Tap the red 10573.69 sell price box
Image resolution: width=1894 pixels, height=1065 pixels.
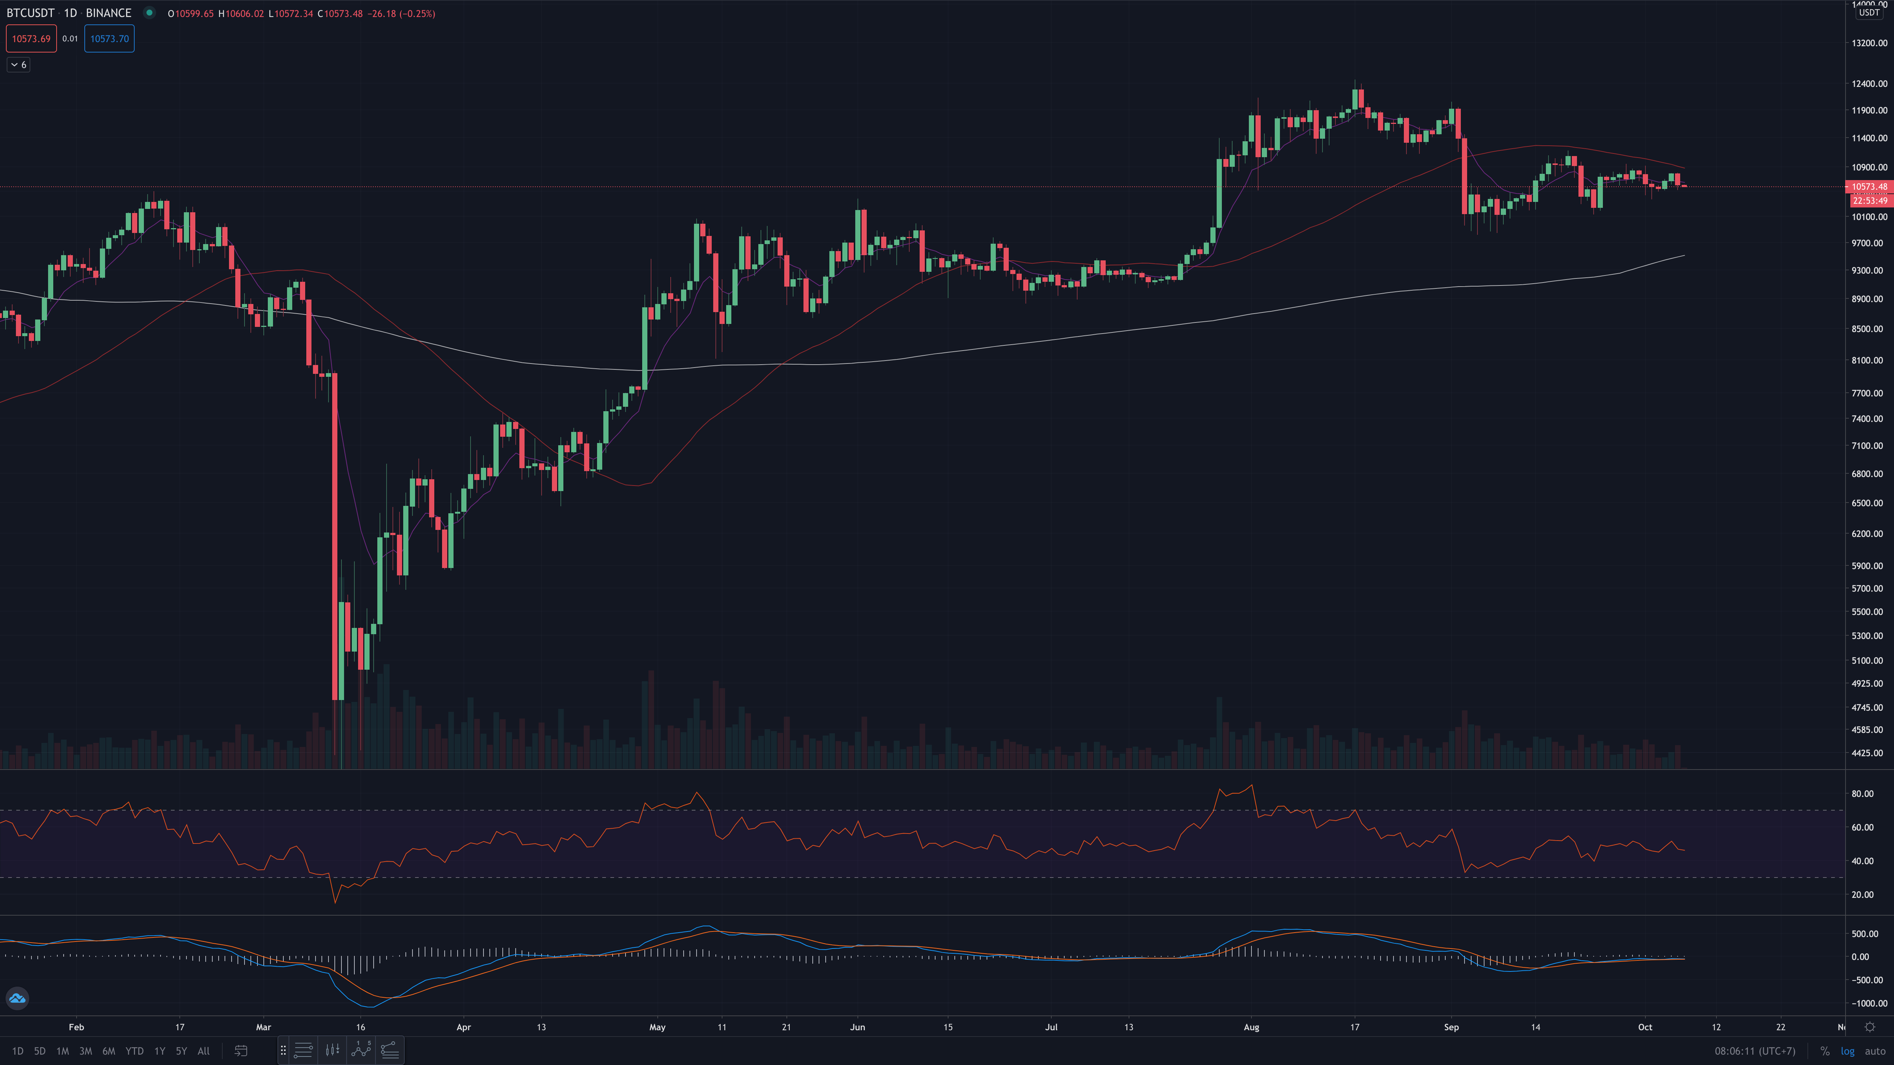coord(31,39)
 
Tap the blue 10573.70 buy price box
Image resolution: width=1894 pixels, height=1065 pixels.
coord(109,39)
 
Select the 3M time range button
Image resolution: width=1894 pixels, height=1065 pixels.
coord(85,1051)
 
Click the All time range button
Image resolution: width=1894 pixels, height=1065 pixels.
coord(204,1051)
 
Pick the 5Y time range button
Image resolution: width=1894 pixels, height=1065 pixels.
coord(181,1051)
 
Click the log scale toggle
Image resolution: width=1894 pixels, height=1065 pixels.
coord(1847,1051)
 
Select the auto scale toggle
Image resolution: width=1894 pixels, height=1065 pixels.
coord(1875,1051)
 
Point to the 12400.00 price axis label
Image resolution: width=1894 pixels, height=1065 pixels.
coord(1869,84)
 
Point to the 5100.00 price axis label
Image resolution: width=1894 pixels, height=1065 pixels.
coord(1869,660)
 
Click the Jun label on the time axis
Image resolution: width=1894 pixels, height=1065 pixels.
coord(857,1027)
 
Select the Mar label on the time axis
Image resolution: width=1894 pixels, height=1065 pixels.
coord(263,1027)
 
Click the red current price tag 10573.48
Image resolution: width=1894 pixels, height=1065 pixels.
coord(1869,187)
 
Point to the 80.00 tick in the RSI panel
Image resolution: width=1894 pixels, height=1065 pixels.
coord(1863,794)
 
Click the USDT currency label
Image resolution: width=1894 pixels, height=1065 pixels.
coord(1869,13)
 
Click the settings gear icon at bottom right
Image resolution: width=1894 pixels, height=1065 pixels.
coord(1870,1027)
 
